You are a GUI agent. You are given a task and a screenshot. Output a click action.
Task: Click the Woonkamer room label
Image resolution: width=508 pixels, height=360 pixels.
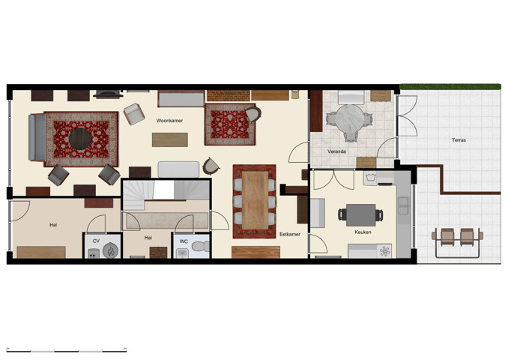pyautogui.click(x=170, y=120)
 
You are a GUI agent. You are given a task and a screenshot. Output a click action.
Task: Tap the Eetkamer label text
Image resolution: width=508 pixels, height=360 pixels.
pyautogui.click(x=290, y=234)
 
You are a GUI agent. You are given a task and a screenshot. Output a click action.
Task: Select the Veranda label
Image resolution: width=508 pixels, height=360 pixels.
pyautogui.click(x=336, y=151)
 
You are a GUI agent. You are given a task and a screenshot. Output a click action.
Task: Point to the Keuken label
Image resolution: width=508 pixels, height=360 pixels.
pyautogui.click(x=363, y=232)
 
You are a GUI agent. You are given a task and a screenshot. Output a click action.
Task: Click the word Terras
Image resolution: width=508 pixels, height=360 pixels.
pyautogui.click(x=460, y=140)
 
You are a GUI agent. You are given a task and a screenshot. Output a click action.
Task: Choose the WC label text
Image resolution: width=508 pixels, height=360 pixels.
pyautogui.click(x=184, y=241)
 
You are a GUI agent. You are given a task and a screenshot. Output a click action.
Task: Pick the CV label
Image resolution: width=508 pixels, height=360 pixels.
pyautogui.click(x=96, y=241)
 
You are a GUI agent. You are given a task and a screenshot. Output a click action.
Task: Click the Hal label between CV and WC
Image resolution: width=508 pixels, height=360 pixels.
pyautogui.click(x=148, y=237)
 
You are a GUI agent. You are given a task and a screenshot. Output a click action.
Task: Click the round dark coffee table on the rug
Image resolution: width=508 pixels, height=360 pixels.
pyautogui.click(x=81, y=136)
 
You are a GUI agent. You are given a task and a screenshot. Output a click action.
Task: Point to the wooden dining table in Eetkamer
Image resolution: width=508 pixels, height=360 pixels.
pyautogui.click(x=255, y=199)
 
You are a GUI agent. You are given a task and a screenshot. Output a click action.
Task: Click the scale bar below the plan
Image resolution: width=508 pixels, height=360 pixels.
pyautogui.click(x=65, y=349)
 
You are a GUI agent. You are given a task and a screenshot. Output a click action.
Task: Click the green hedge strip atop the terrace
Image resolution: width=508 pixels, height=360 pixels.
pyautogui.click(x=450, y=86)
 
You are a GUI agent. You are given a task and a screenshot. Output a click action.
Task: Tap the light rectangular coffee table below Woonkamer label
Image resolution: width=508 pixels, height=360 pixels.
pyautogui.click(x=170, y=139)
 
